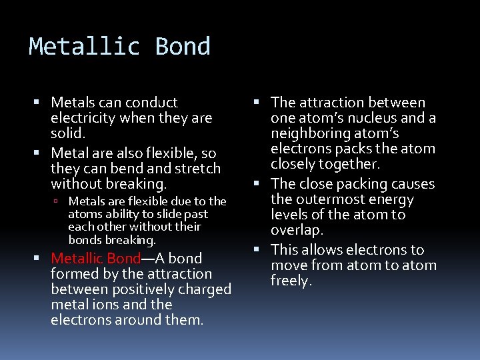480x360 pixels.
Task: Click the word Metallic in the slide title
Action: click(x=85, y=47)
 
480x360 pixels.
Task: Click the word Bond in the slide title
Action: click(x=183, y=47)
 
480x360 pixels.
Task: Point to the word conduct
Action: click(x=153, y=103)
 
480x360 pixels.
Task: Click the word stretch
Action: click(x=197, y=168)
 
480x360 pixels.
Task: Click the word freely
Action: click(x=291, y=281)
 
